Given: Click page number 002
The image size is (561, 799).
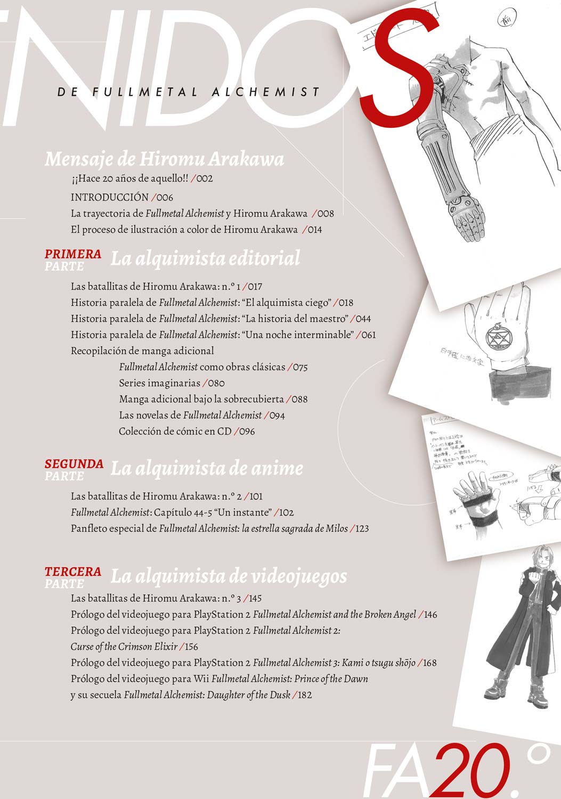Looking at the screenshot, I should click(x=205, y=179).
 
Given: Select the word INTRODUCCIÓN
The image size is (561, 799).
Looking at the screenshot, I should click(x=109, y=197).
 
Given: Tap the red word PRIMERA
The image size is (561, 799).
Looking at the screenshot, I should click(x=73, y=254).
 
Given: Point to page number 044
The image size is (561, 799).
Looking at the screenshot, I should click(x=363, y=319).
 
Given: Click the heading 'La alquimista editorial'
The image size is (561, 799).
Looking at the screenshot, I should click(x=205, y=258).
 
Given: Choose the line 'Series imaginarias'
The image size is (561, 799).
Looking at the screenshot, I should click(x=159, y=383).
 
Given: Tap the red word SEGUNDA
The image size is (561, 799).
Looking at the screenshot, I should click(x=74, y=463).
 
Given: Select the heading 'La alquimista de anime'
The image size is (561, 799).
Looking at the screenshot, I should click(x=207, y=468).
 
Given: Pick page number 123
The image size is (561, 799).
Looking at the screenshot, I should click(x=361, y=528).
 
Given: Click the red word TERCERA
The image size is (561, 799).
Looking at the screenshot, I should click(x=73, y=571).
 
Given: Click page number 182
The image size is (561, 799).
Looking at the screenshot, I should click(x=304, y=695).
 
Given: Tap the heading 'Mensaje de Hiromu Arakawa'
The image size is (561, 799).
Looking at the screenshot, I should click(x=164, y=159).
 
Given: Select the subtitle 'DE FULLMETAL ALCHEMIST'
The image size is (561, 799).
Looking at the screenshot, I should click(x=189, y=92).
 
